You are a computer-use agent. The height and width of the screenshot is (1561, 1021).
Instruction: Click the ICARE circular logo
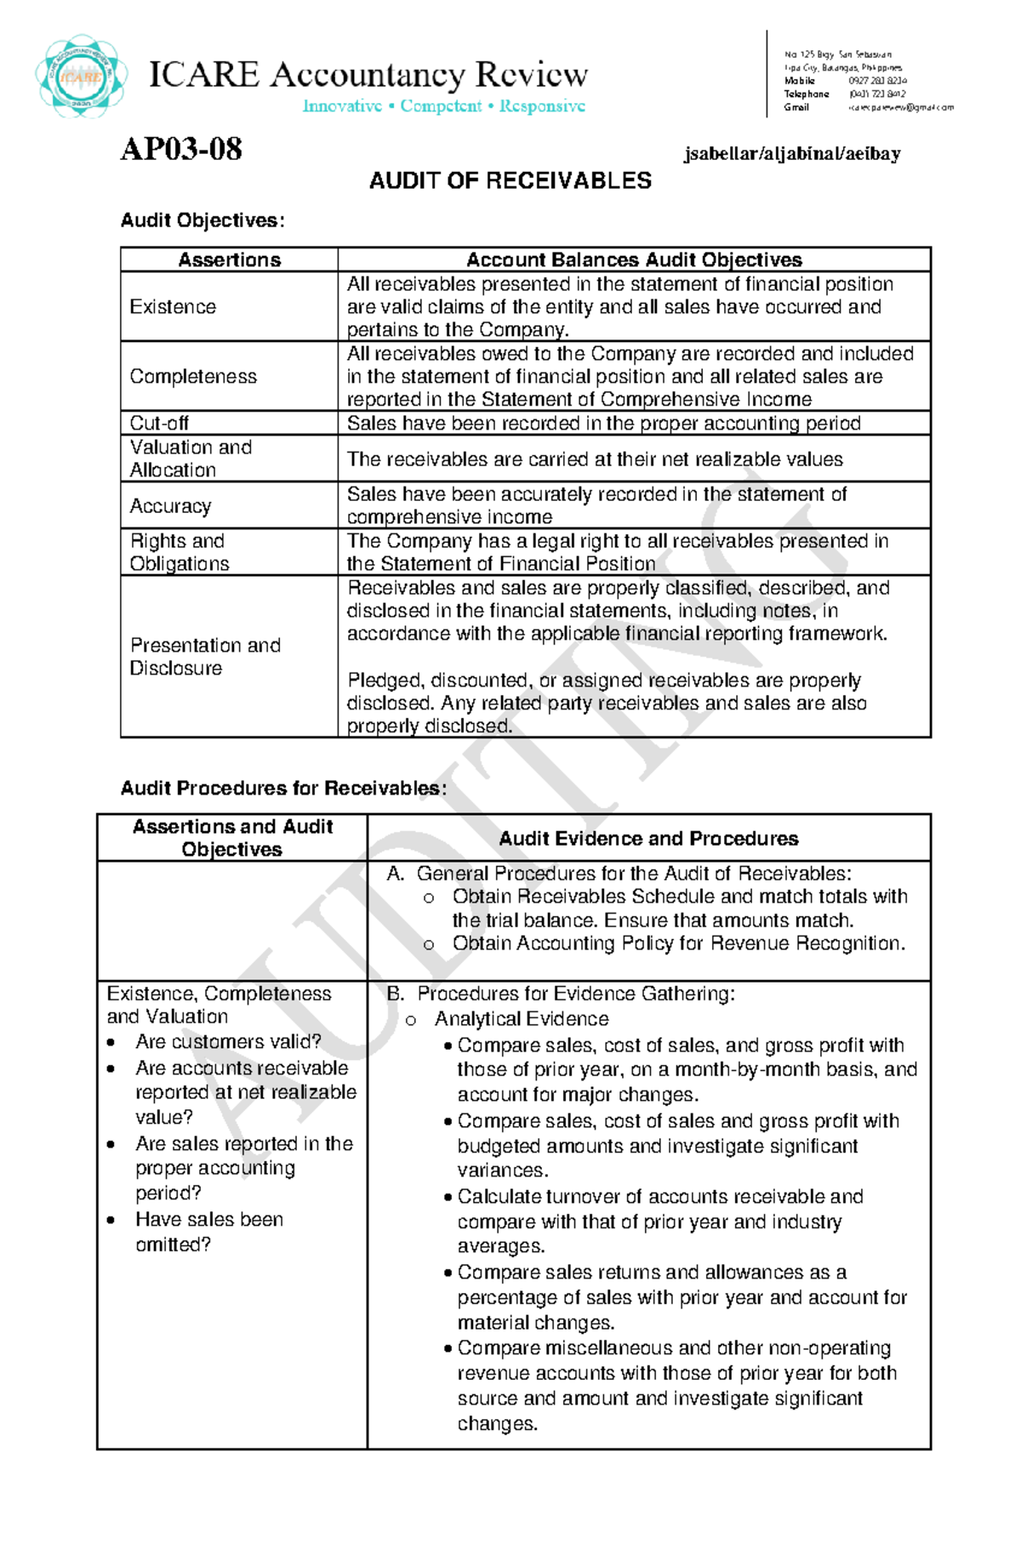pos(82,77)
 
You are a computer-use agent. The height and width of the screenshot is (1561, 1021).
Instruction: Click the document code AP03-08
pos(181,150)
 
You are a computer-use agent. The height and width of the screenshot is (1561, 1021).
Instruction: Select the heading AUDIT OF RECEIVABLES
pos(510,180)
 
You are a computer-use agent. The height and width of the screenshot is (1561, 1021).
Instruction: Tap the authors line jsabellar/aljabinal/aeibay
pos(791,154)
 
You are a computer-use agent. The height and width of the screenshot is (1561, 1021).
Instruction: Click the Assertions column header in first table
pos(229,260)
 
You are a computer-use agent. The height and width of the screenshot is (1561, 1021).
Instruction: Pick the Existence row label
pos(173,307)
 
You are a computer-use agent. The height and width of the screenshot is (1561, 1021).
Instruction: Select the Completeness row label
pos(193,377)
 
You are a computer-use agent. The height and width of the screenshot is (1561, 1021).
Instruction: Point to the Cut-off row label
pos(159,424)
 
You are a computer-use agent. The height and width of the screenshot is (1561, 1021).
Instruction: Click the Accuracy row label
pos(170,506)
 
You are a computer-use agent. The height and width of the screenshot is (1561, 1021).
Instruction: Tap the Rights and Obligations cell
pos(180,552)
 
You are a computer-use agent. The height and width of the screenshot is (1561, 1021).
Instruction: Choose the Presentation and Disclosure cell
pos(205,657)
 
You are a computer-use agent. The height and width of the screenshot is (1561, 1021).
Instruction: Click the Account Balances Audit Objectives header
pos(634,260)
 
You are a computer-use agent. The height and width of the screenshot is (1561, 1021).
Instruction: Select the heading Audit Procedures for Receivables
pos(283,789)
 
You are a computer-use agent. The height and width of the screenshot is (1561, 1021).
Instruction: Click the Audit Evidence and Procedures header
pos(648,839)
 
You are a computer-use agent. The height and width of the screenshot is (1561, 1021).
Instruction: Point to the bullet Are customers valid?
pos(228,1042)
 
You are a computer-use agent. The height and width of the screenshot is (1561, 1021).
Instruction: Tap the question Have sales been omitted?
pos(208,1232)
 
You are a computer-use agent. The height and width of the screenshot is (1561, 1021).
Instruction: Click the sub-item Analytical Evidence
pos(521,1019)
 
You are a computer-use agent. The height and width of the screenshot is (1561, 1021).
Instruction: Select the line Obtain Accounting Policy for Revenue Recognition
pos(678,943)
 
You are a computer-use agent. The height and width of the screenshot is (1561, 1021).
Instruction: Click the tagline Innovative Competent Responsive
pos(443,106)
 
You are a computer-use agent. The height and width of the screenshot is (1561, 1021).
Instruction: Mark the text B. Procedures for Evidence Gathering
pos(560,994)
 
